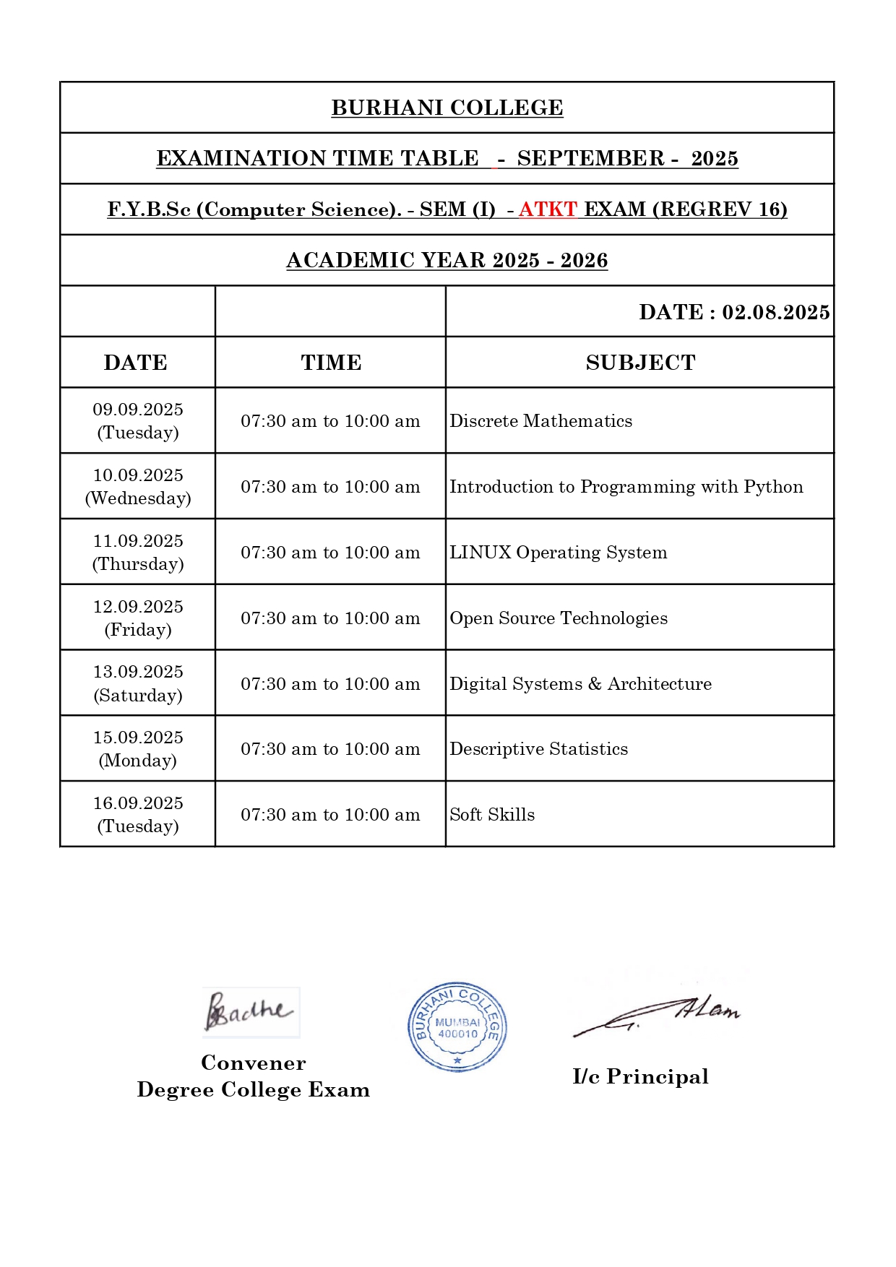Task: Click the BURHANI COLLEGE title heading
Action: pyautogui.click(x=447, y=108)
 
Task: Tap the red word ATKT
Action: pyautogui.click(x=548, y=209)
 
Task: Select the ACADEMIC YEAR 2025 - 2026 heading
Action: pyautogui.click(x=447, y=260)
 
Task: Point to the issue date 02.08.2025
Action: pyautogui.click(x=775, y=312)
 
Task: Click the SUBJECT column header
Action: pyautogui.click(x=640, y=363)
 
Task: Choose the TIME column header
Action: pyautogui.click(x=331, y=363)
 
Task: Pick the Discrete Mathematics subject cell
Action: pyautogui.click(x=540, y=421)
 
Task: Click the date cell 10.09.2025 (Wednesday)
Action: pyautogui.click(x=138, y=486)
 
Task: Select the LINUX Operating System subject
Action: pyautogui.click(x=558, y=553)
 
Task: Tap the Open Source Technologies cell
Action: pyautogui.click(x=559, y=618)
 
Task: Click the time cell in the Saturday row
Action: pyautogui.click(x=330, y=684)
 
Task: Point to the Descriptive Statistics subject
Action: pyautogui.click(x=538, y=749)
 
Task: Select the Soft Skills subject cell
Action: pyautogui.click(x=492, y=815)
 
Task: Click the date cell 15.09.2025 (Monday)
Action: pyautogui.click(x=138, y=748)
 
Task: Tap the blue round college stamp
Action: pyautogui.click(x=457, y=1026)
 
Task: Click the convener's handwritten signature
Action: pyautogui.click(x=249, y=1011)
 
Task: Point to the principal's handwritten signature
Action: pyautogui.click(x=658, y=1014)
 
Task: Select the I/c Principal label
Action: pyautogui.click(x=640, y=1076)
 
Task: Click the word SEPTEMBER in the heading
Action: pyautogui.click(x=590, y=158)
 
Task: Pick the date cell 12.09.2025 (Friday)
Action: pyautogui.click(x=138, y=618)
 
